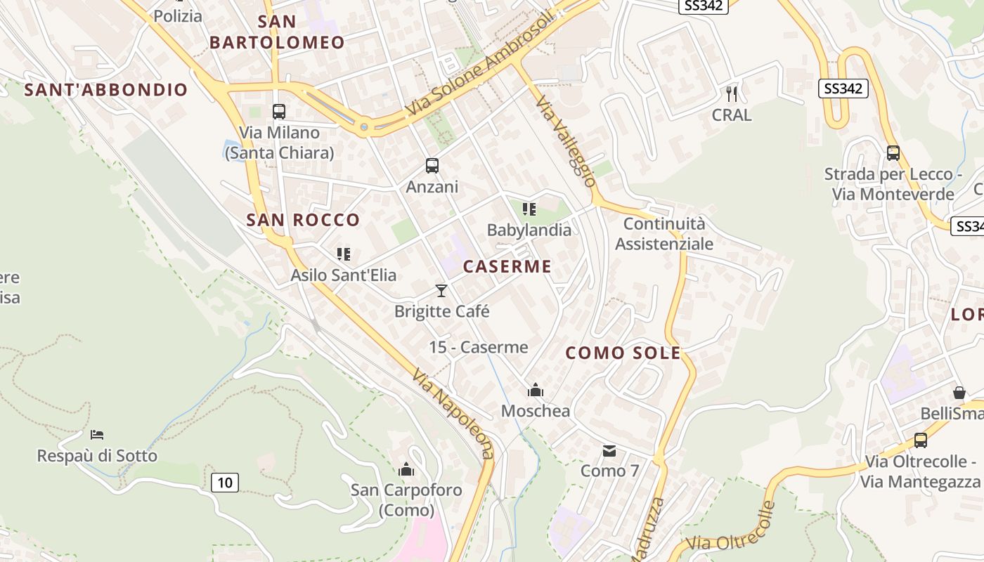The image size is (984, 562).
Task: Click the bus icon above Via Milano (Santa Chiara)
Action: [x=279, y=111]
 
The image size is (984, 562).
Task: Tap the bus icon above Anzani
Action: [x=432, y=166]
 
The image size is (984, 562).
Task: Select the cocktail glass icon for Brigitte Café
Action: [x=441, y=290]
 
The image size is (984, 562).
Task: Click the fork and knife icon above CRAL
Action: [x=732, y=93]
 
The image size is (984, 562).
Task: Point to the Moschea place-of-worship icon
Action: [x=536, y=390]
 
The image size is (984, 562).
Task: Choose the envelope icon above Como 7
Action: [x=609, y=450]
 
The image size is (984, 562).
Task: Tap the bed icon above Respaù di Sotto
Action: [x=97, y=435]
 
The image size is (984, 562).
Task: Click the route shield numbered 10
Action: [x=224, y=483]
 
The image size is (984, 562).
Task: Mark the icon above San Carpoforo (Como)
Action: [x=406, y=469]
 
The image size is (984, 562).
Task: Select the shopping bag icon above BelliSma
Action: [x=959, y=393]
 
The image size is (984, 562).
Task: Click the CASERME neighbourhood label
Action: [x=507, y=267]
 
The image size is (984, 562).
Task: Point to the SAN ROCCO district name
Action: [x=303, y=220]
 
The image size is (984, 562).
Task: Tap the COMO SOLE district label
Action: [x=623, y=353]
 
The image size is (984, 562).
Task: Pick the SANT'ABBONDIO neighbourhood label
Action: [x=106, y=90]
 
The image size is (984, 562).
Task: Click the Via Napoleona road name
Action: [x=453, y=414]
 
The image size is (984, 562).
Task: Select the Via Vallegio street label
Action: [x=566, y=141]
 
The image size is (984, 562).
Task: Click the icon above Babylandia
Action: [x=529, y=209]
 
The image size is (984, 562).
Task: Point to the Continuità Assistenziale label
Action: [x=664, y=234]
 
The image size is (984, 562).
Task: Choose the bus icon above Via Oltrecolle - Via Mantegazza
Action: [x=921, y=440]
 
